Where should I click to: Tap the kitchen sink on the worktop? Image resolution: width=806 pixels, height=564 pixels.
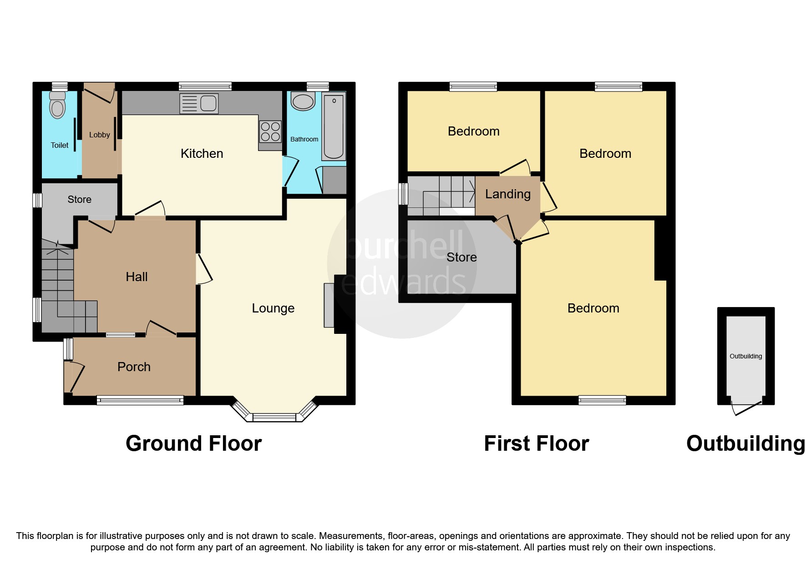click(x=199, y=103)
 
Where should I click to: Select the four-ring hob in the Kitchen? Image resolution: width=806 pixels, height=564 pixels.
click(x=270, y=131)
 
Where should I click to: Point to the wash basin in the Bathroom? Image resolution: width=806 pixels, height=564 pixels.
click(x=303, y=101)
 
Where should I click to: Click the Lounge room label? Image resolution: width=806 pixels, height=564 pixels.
click(x=273, y=308)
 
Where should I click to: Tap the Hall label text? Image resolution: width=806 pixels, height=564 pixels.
click(x=137, y=277)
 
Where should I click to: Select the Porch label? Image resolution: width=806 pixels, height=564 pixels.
click(x=134, y=367)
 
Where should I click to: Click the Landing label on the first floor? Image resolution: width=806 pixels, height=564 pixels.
click(x=508, y=194)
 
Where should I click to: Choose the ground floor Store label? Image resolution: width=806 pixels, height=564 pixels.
click(x=80, y=200)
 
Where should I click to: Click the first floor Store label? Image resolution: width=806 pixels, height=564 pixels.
click(x=461, y=257)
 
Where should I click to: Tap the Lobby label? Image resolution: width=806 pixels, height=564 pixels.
click(x=100, y=135)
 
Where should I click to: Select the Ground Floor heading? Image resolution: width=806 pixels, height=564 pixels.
click(x=194, y=443)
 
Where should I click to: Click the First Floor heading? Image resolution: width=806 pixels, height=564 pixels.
click(x=537, y=443)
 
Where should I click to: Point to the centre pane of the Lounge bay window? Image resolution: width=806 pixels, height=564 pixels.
click(x=274, y=417)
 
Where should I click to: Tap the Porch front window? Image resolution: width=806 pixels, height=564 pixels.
click(x=140, y=400)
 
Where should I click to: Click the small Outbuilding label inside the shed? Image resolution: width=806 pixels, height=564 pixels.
click(x=745, y=357)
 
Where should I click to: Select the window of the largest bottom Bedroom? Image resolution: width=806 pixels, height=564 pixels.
click(x=602, y=400)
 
